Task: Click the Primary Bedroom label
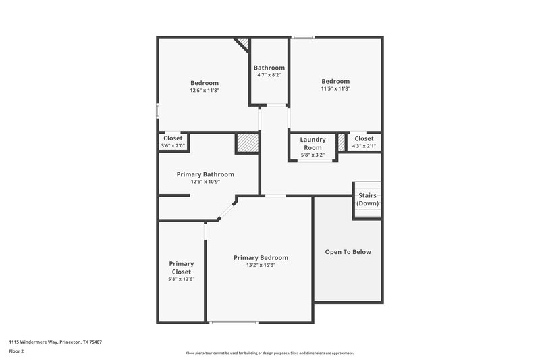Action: tap(261, 257)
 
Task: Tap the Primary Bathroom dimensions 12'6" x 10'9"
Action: tap(205, 182)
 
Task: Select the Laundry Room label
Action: tap(313, 143)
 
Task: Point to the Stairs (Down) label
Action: tap(368, 199)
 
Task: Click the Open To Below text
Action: tap(348, 252)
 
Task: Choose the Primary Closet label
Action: tap(181, 267)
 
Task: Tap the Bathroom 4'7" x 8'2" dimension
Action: tap(269, 75)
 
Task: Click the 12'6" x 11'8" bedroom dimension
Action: tap(204, 90)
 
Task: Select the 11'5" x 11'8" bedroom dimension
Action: tap(335, 88)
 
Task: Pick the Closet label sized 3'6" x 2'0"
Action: tap(173, 138)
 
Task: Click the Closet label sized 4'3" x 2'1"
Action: tap(364, 138)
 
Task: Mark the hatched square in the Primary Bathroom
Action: tap(246, 143)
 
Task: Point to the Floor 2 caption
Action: tap(17, 351)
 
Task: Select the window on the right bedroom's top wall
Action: tap(302, 37)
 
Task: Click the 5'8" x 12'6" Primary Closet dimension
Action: tap(181, 279)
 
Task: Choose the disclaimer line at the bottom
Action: tap(270, 353)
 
